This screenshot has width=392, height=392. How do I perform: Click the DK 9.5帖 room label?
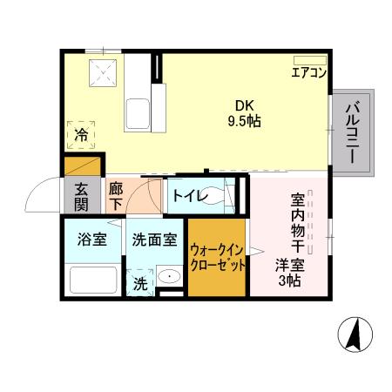(x=244, y=113)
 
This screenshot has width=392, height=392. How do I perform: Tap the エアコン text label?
(x=309, y=72)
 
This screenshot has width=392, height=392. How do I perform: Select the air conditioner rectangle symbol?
(x=310, y=60)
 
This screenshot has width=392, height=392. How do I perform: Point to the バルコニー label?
(x=353, y=132)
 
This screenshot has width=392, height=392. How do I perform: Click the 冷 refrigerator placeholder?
(x=81, y=135)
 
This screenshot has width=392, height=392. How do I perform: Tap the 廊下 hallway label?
(x=116, y=196)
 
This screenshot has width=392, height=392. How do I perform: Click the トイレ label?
(x=190, y=196)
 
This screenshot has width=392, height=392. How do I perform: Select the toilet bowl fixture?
(x=215, y=196)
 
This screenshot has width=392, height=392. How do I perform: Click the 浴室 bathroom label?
(x=92, y=240)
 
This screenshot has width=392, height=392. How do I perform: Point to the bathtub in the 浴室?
(x=93, y=280)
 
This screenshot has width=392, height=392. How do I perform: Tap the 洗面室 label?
(x=154, y=240)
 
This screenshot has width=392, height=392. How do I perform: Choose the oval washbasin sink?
(x=170, y=275)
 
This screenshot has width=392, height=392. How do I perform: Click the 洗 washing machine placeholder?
(x=140, y=283)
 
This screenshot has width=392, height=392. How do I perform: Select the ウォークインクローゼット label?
(x=217, y=257)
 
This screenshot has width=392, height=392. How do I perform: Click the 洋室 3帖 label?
(x=289, y=273)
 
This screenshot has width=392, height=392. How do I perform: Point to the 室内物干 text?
(x=298, y=223)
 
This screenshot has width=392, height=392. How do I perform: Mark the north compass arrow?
(x=355, y=334)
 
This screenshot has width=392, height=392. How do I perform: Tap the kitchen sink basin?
(x=138, y=114)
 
